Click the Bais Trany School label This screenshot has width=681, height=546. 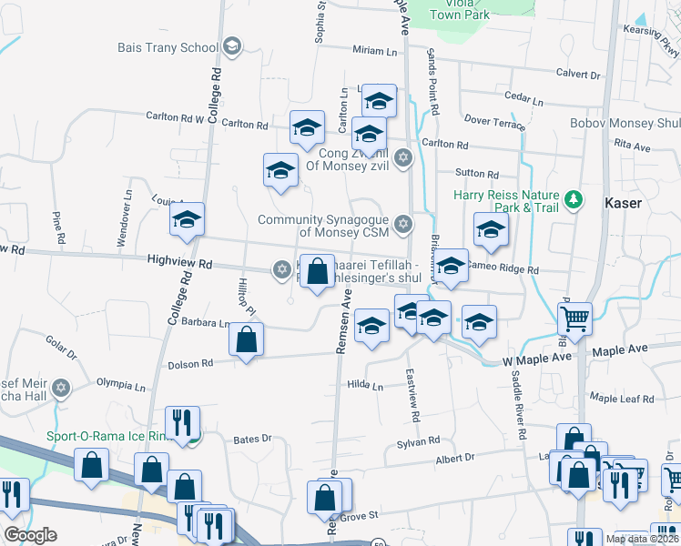coord(168,47)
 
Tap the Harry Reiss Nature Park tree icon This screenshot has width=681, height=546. coord(574,198)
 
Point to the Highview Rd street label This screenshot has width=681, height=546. coord(179,263)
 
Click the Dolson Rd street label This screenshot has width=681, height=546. coord(189,364)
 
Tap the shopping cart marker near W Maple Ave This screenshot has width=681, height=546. coord(574,320)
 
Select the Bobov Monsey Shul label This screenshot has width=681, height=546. coord(625,124)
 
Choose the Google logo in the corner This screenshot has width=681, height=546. coord(30,535)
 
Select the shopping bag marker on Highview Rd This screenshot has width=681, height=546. coord(317,272)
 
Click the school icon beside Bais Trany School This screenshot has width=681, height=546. coord(232,46)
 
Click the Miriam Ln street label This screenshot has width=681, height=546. coord(375,52)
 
